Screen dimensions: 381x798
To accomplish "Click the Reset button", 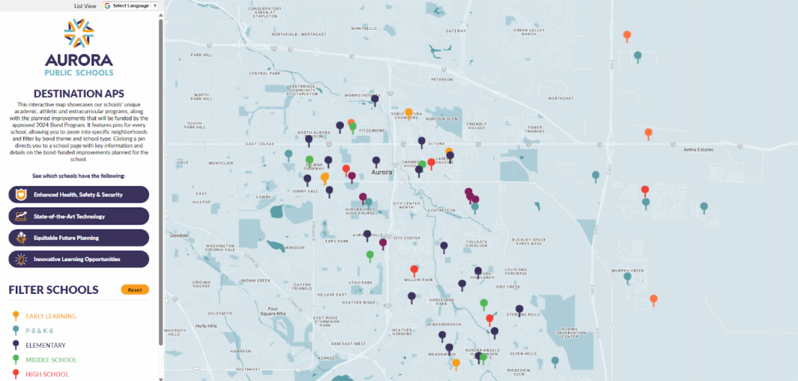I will [x=135, y=290].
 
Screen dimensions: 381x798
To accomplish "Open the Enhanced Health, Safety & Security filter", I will [x=78, y=195].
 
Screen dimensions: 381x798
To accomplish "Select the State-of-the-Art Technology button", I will [x=78, y=216].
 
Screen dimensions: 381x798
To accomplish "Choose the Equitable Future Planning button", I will [x=78, y=238].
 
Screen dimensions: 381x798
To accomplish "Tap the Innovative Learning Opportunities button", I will [x=78, y=259].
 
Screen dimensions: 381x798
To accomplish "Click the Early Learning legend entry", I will [x=51, y=317].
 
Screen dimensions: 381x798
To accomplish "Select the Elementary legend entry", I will [x=45, y=346].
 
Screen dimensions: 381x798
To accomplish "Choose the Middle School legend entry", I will [x=51, y=360].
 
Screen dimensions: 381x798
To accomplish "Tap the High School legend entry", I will [x=47, y=374].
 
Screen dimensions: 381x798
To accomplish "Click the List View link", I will [x=85, y=5].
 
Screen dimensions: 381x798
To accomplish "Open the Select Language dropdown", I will [x=131, y=5].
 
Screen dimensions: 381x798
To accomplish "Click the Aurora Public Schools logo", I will [x=78, y=47].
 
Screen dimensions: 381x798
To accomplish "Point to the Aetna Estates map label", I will [x=698, y=150].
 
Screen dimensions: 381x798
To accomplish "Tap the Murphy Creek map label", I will [x=628, y=271].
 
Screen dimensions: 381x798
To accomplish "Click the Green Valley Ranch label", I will [x=525, y=32].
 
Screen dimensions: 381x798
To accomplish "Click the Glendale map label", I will [x=180, y=236].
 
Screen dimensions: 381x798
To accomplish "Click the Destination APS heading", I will [x=78, y=93].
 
